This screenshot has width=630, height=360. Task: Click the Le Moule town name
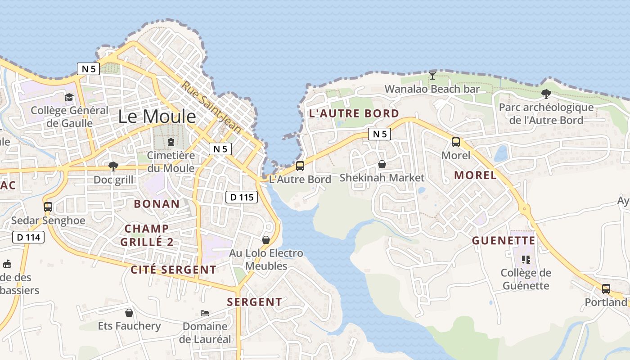pyautogui.click(x=157, y=117)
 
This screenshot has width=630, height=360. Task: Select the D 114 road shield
pyautogui.click(x=28, y=237)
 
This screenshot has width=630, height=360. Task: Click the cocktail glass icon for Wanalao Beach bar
pyautogui.click(x=432, y=75)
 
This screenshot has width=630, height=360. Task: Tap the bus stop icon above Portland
pyautogui.click(x=606, y=288)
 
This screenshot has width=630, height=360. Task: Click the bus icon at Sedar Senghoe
pyautogui.click(x=48, y=207)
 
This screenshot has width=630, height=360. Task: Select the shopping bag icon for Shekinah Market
pyautogui.click(x=382, y=164)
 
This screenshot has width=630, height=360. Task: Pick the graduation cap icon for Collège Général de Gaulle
pyautogui.click(x=69, y=97)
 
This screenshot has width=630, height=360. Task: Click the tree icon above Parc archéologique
pyautogui.click(x=546, y=94)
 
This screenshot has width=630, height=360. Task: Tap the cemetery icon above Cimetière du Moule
pyautogui.click(x=171, y=143)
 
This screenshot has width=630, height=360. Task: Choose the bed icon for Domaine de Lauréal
pyautogui.click(x=205, y=313)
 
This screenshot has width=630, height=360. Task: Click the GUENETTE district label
pyautogui.click(x=504, y=241)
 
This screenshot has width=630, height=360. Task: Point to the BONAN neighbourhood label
pyautogui.click(x=157, y=203)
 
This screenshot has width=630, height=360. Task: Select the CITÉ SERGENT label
pyautogui.click(x=173, y=270)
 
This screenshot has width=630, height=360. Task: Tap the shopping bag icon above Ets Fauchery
pyautogui.click(x=129, y=312)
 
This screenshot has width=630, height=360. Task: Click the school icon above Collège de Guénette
pyautogui.click(x=525, y=259)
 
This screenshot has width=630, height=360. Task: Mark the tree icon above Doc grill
pyautogui.click(x=113, y=166)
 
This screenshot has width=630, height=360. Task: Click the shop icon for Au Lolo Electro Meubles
pyautogui.click(x=266, y=239)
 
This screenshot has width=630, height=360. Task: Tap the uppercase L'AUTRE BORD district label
pyautogui.click(x=354, y=113)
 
